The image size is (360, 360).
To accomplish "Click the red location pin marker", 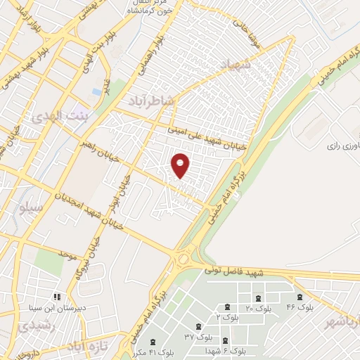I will (181, 165).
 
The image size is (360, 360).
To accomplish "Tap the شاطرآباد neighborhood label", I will (149, 101).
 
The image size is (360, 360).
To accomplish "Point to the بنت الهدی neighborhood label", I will (62, 115).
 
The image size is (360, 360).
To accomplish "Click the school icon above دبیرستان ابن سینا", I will (57, 297).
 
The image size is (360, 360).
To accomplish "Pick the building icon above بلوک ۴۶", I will (300, 297).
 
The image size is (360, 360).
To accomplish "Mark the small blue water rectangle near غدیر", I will (97, 93).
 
